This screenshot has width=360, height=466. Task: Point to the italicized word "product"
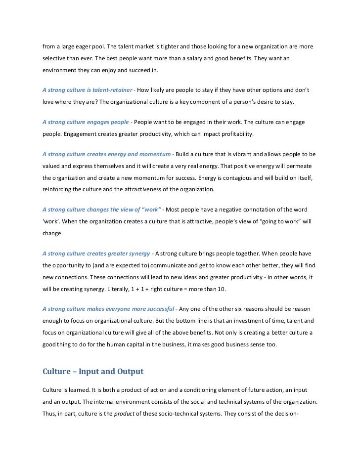122,414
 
